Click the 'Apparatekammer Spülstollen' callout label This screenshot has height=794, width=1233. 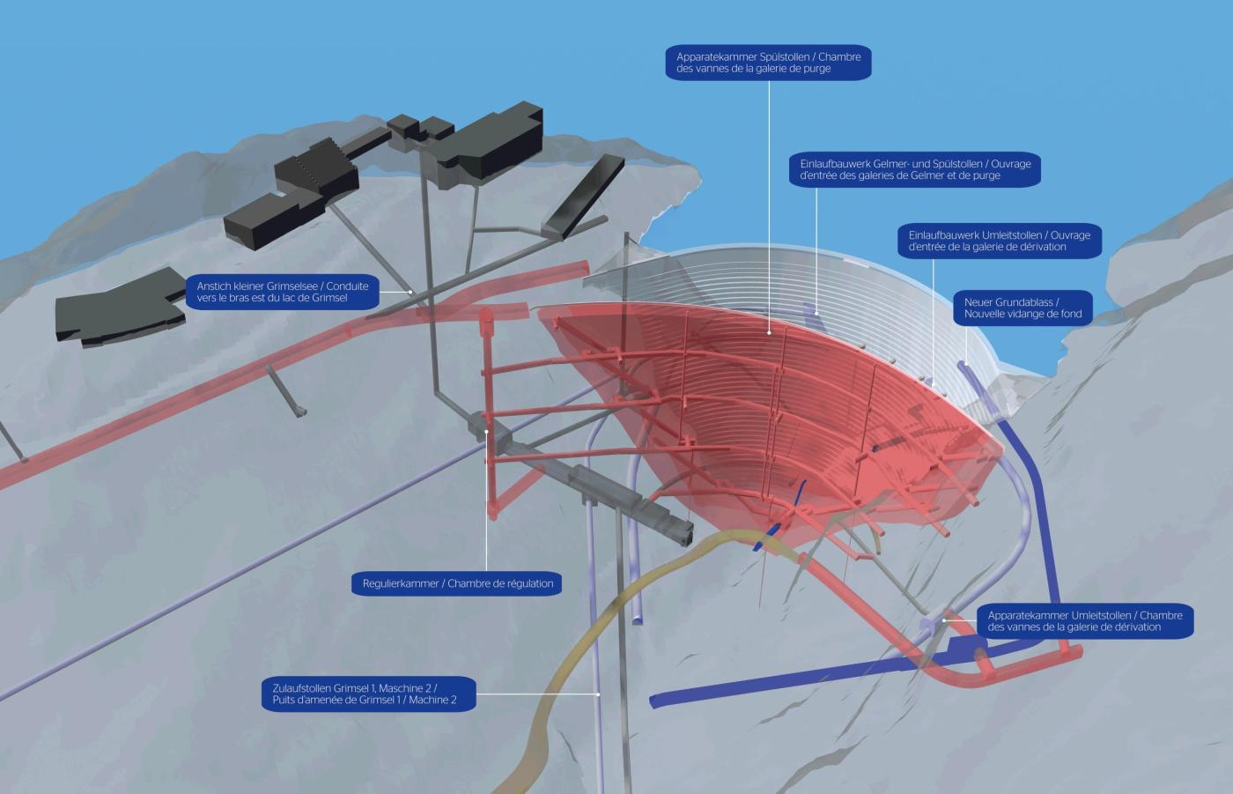768,63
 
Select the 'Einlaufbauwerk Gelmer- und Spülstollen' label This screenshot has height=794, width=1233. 915,169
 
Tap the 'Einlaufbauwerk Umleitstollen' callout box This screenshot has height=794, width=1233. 1000,241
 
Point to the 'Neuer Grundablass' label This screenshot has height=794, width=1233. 1023,308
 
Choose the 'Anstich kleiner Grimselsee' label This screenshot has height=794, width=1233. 283,292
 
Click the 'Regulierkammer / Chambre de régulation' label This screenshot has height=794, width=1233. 457,583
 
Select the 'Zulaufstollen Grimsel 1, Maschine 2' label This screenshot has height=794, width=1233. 369,694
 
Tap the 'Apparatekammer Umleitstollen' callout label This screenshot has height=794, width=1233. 1085,621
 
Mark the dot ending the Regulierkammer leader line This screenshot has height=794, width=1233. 486,432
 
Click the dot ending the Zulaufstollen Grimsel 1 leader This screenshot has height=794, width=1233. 598,694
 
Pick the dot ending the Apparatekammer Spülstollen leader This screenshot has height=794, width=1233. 769,332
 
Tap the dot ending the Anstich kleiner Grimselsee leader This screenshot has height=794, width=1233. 410,292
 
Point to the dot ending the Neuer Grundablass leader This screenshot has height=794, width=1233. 966,364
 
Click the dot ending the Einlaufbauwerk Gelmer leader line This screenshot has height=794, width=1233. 816,314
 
